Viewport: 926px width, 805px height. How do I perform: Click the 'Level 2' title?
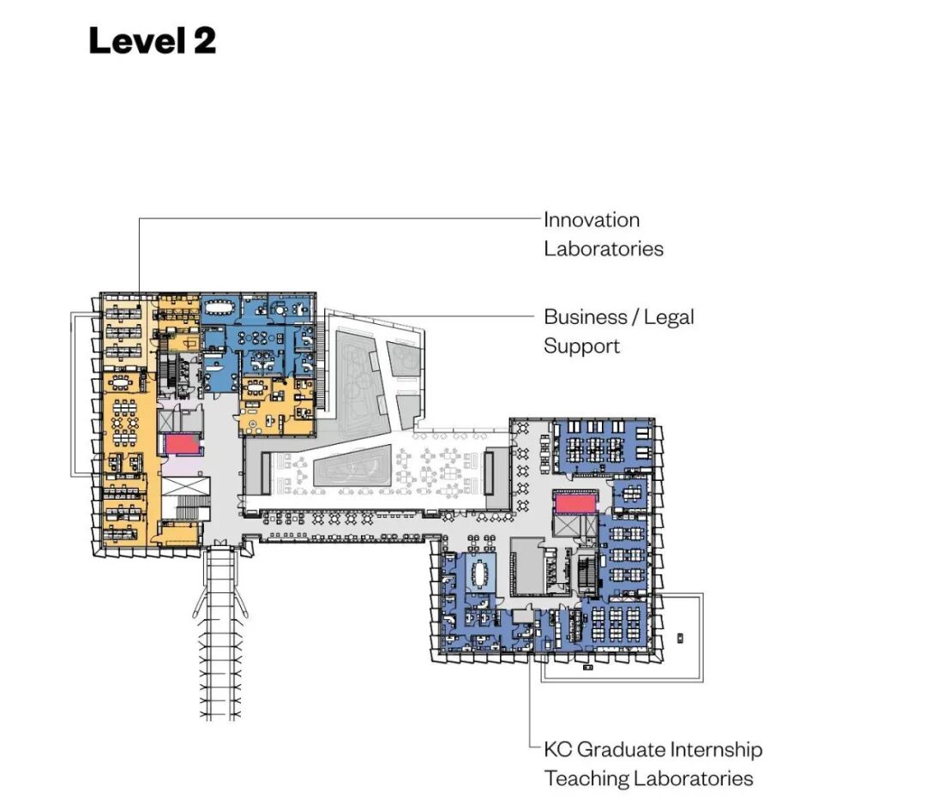pos(152,40)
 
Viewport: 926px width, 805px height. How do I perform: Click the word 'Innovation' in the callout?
pos(592,219)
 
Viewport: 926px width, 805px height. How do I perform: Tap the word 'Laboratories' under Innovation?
pos(604,249)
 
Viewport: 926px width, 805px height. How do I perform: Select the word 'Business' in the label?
pos(586,317)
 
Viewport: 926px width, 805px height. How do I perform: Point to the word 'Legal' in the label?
pos(668,317)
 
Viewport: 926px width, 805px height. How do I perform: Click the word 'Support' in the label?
pos(581,346)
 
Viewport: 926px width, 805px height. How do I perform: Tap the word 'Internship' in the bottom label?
pos(711,749)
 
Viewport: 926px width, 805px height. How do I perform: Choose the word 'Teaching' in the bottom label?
pos(586,778)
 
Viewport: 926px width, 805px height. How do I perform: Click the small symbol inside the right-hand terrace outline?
pos(679,637)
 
